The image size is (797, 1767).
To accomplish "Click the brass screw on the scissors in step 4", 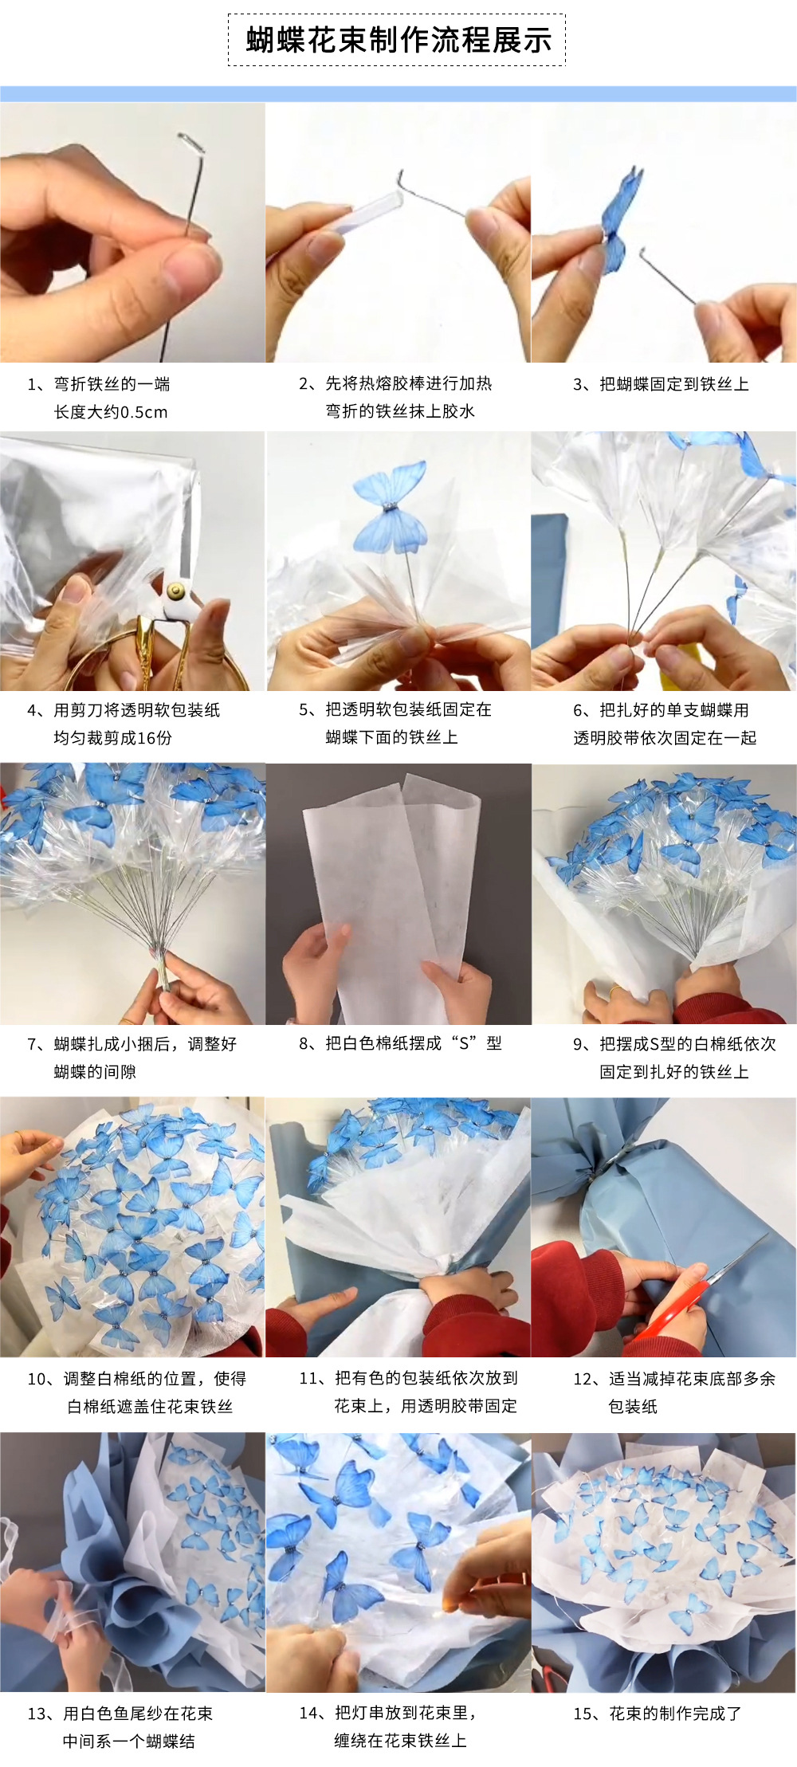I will pos(175,591).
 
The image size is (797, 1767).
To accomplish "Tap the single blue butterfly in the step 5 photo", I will pos(390,510).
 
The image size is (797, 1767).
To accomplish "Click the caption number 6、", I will pos(584,710).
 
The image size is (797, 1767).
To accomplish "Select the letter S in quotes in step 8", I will pos(464,1044).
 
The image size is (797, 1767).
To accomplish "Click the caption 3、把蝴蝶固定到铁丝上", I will pos(661,384).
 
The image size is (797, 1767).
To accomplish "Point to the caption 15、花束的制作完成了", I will pos(658,1714).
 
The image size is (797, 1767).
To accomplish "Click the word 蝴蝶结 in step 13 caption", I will pos(170,1741).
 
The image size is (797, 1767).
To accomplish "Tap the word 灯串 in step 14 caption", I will pos(367,1714).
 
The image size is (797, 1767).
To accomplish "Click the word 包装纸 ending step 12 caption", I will pos(633,1407).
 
